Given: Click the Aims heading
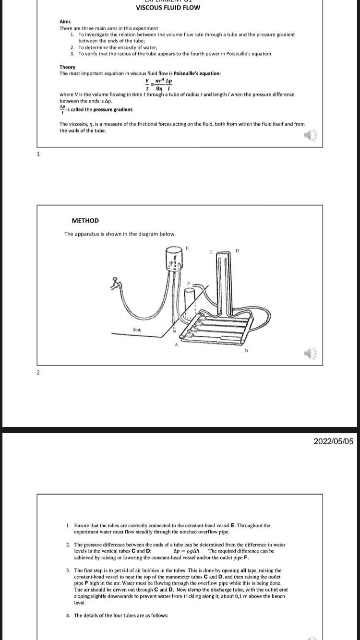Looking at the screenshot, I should pyautogui.click(x=65, y=22).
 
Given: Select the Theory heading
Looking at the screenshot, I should pyautogui.click(x=67, y=67).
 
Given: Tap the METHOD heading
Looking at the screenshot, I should pyautogui.click(x=85, y=221).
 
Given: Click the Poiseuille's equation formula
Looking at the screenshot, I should pyautogui.click(x=158, y=85).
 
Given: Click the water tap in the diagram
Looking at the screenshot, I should pyautogui.click(x=115, y=284).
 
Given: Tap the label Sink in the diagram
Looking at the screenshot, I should pyautogui.click(x=137, y=330).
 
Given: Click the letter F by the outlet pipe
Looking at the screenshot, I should pyautogui.click(x=189, y=284).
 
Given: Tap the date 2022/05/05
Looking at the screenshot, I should pyautogui.click(x=333, y=441).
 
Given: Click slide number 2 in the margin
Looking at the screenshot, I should pyautogui.click(x=38, y=372).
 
